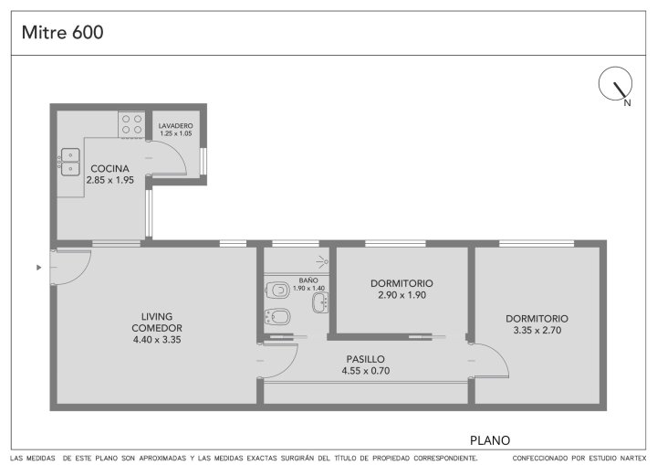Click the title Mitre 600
(62, 32)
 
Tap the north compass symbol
(615, 84)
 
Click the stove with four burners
(131, 124)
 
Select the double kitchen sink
(69, 162)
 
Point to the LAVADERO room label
(175, 125)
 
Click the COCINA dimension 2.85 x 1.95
(110, 180)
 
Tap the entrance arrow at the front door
(39, 268)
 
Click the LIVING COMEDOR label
(157, 322)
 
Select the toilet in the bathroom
(277, 290)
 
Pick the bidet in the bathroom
(277, 317)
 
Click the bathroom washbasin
(320, 302)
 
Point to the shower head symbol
(322, 262)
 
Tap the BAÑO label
(308, 280)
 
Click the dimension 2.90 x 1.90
(401, 295)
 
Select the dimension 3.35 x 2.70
(537, 331)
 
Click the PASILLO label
(365, 359)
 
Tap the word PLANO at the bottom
(490, 440)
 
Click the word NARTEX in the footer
(634, 458)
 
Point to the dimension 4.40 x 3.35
(157, 340)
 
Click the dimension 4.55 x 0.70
(366, 371)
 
